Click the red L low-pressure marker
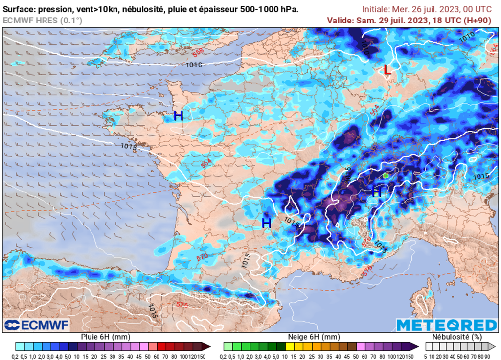click(x=387, y=70)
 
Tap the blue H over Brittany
click(x=179, y=116)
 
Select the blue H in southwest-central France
click(x=266, y=223)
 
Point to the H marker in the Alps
click(x=377, y=192)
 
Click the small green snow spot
click(x=386, y=175)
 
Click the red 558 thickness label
click(x=198, y=51)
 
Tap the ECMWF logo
click(x=37, y=325)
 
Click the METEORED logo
click(x=446, y=325)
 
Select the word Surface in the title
click(x=19, y=9)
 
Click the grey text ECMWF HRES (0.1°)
click(x=42, y=20)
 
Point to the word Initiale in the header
click(x=378, y=9)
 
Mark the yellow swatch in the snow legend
click(x=290, y=347)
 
